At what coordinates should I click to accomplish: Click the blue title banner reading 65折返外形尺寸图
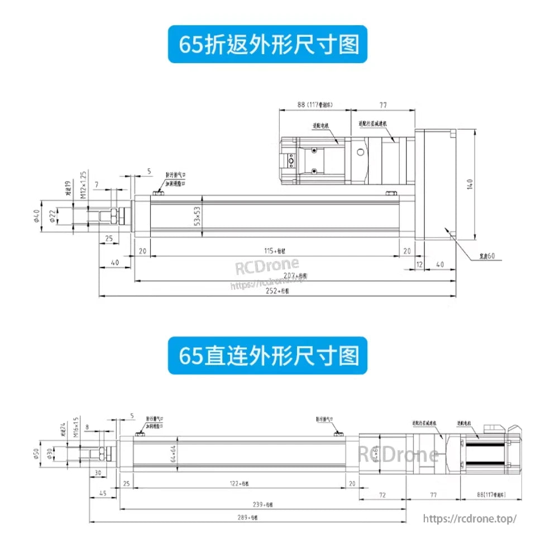click(x=268, y=44)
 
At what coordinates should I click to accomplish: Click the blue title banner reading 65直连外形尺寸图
click(x=268, y=356)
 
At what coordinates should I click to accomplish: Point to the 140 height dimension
click(x=470, y=185)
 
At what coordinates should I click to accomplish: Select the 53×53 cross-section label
click(x=197, y=216)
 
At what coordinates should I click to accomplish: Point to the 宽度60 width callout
click(x=487, y=256)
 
